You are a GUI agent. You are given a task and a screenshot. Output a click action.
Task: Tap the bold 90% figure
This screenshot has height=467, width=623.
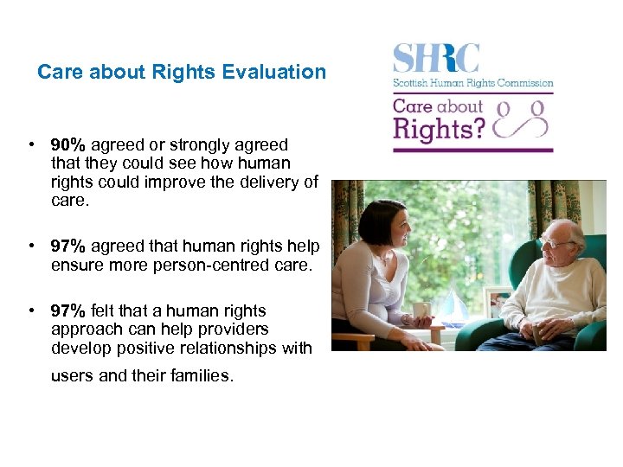pos(67,144)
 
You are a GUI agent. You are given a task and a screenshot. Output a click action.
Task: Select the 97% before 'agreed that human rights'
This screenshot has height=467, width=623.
pos(67,247)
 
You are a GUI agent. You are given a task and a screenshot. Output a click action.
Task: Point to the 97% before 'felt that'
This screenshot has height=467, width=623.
pos(67,310)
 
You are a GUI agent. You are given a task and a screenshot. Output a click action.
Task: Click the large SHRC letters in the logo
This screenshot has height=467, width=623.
pos(436,59)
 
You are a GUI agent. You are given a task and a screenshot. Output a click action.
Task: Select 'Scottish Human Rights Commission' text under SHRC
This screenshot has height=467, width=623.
pos(473,84)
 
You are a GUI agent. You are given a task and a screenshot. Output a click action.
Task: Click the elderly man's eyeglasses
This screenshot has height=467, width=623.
pos(552,244)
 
